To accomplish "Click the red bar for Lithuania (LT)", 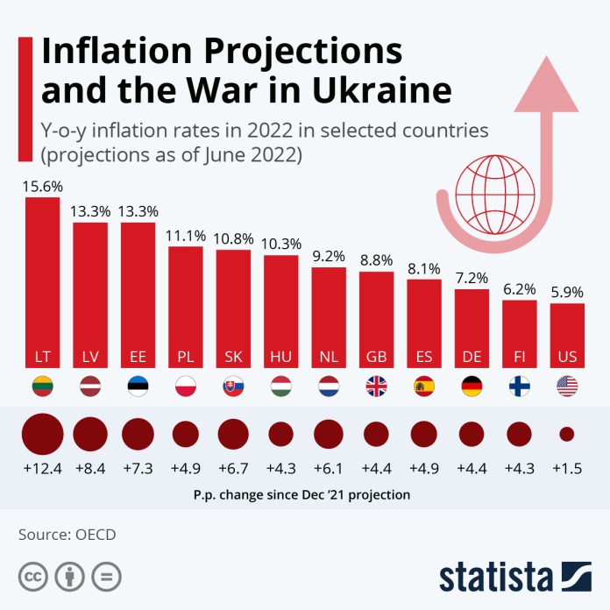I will (x=42, y=280).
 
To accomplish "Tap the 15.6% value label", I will (x=42, y=187).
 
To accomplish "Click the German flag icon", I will (x=472, y=387).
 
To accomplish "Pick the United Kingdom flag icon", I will (x=376, y=387).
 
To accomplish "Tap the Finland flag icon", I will (x=519, y=387).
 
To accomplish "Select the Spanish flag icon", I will (x=424, y=387).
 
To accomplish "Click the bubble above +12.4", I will (x=42, y=434).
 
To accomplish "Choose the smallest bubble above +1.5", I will (x=567, y=434).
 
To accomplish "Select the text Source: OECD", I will (x=67, y=534).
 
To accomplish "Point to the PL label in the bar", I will (x=185, y=358).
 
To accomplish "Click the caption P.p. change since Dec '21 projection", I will (x=301, y=494).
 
